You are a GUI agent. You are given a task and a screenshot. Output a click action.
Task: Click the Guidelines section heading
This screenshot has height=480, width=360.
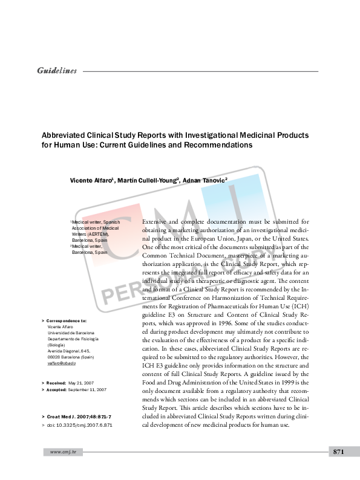pyautogui.click(x=57, y=71)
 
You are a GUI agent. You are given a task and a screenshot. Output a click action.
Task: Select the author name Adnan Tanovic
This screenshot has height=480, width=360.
pyautogui.click(x=203, y=180)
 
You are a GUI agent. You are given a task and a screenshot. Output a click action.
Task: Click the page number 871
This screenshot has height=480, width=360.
pyautogui.click(x=338, y=452)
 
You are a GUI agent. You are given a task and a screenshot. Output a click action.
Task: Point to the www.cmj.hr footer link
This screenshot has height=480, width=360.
pyautogui.click(x=62, y=452)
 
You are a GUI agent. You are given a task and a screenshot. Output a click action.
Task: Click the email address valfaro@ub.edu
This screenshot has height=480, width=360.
pyautogui.click(x=61, y=363)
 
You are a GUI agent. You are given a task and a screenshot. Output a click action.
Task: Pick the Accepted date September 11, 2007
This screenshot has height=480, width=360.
pyautogui.click(x=87, y=391)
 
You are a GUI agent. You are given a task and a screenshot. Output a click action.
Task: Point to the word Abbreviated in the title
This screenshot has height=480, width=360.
pyautogui.click(x=64, y=135)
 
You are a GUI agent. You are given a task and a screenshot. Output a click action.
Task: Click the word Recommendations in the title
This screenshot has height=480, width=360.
pyautogui.click(x=219, y=146)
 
